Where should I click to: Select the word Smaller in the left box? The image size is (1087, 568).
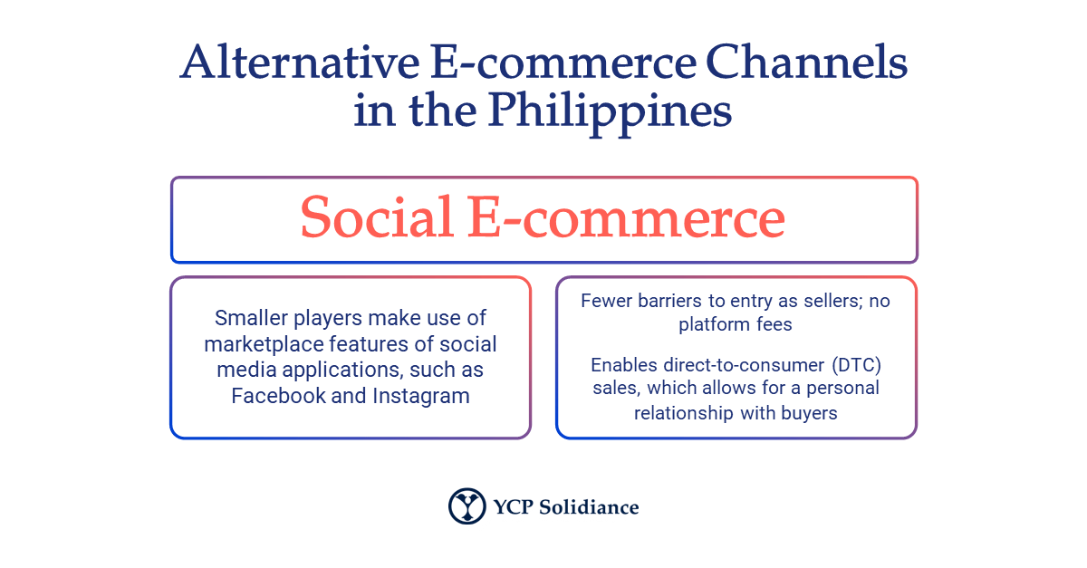click(x=250, y=318)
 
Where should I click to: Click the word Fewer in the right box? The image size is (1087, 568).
click(x=604, y=301)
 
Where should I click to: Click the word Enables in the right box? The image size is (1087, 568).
click(x=622, y=365)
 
